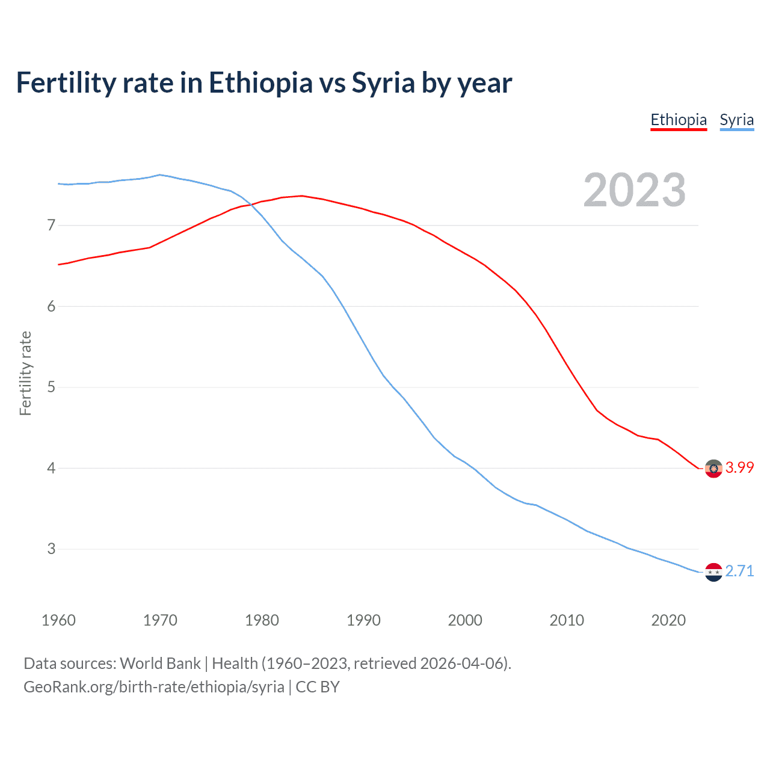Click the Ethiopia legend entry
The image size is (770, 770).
(x=678, y=120)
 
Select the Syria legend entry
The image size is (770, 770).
(x=736, y=120)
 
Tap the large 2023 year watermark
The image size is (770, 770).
(x=634, y=190)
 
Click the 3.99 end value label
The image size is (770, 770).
(x=739, y=467)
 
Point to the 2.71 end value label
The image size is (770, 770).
(x=739, y=571)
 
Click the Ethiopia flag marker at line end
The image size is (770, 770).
(x=713, y=469)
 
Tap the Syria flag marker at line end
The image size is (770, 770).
(x=713, y=572)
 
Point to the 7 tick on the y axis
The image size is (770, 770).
(x=51, y=226)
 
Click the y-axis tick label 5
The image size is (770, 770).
(x=51, y=387)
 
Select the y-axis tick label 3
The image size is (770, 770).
(x=51, y=549)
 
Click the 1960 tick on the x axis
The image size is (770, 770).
(x=58, y=620)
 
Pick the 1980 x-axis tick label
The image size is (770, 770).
(x=262, y=620)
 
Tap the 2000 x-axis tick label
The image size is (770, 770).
(x=465, y=620)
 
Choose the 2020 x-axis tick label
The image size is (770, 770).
(x=668, y=620)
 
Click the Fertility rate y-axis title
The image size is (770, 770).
(x=25, y=373)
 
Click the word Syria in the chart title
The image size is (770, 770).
(x=383, y=82)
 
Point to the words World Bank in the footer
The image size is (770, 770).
(x=160, y=664)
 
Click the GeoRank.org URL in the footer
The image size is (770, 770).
(x=153, y=686)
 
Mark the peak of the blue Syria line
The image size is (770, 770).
(x=159, y=174)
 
